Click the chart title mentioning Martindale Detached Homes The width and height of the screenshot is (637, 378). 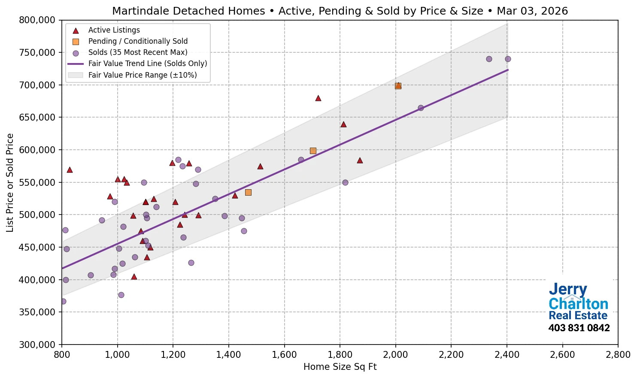tap(340, 11)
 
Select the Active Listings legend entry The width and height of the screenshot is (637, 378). tap(114, 30)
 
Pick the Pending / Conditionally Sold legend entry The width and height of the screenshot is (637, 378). tap(138, 41)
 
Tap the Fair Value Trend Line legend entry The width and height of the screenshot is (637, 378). tap(147, 64)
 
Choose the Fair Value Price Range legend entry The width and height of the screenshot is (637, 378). tap(142, 75)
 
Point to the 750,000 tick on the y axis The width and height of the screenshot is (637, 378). tap(37, 53)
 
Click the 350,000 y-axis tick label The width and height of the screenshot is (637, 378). tap(37, 312)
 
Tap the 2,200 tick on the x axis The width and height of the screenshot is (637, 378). tap(451, 355)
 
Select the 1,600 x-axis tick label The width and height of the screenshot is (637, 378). tap(284, 355)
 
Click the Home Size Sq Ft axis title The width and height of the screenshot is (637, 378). tap(340, 367)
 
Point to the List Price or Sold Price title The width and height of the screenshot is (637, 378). tap(10, 182)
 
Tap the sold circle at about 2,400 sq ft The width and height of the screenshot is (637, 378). tap(508, 59)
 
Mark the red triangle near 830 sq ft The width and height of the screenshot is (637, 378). tap(70, 170)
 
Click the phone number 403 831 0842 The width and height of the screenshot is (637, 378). tap(579, 328)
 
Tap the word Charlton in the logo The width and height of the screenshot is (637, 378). tap(578, 304)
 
